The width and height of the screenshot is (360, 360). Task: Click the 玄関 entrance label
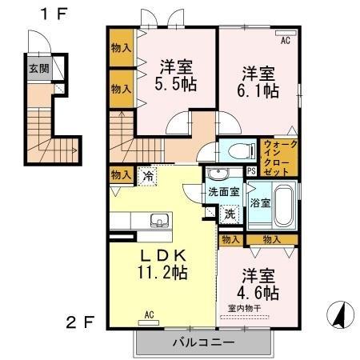tap(38, 69)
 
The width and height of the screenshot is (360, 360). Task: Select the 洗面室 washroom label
tap(224, 192)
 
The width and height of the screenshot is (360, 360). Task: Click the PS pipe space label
tap(251, 171)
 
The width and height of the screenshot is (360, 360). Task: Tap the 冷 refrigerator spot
tap(147, 174)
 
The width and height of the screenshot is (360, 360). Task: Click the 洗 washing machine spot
tap(230, 214)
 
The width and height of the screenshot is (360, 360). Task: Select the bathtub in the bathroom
tap(285, 202)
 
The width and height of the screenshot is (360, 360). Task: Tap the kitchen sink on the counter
tap(158, 219)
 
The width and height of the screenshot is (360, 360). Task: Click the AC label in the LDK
tap(150, 314)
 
